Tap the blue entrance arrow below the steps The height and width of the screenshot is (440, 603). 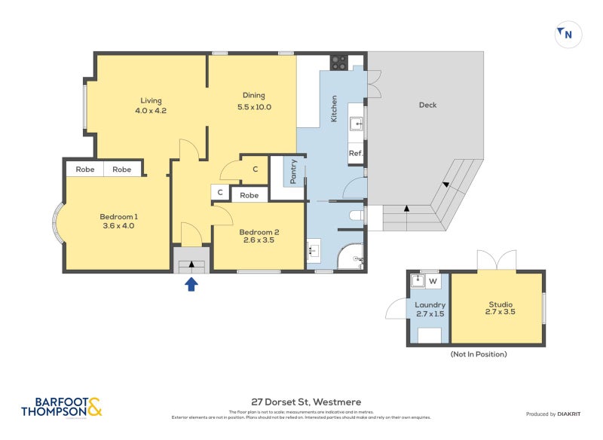pos(191,283)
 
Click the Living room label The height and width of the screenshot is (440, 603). pos(151,101)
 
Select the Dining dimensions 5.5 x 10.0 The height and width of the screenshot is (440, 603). pos(254,107)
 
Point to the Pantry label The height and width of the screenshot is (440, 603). pos(293,172)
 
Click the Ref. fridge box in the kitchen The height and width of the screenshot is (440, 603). pos(356,154)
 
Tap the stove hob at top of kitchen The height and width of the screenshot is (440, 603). pos(338,63)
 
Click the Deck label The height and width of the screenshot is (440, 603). pos(427,105)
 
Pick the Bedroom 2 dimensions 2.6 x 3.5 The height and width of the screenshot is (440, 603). pos(259,241)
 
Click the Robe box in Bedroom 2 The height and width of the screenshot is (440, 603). pos(249,195)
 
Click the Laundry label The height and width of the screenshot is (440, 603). pos(430,304)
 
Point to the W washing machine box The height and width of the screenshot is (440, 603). pos(433,283)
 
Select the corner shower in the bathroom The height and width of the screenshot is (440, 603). pos(351,257)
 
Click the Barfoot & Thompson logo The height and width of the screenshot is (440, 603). pos(61,408)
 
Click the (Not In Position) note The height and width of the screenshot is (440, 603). pos(478,353)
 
